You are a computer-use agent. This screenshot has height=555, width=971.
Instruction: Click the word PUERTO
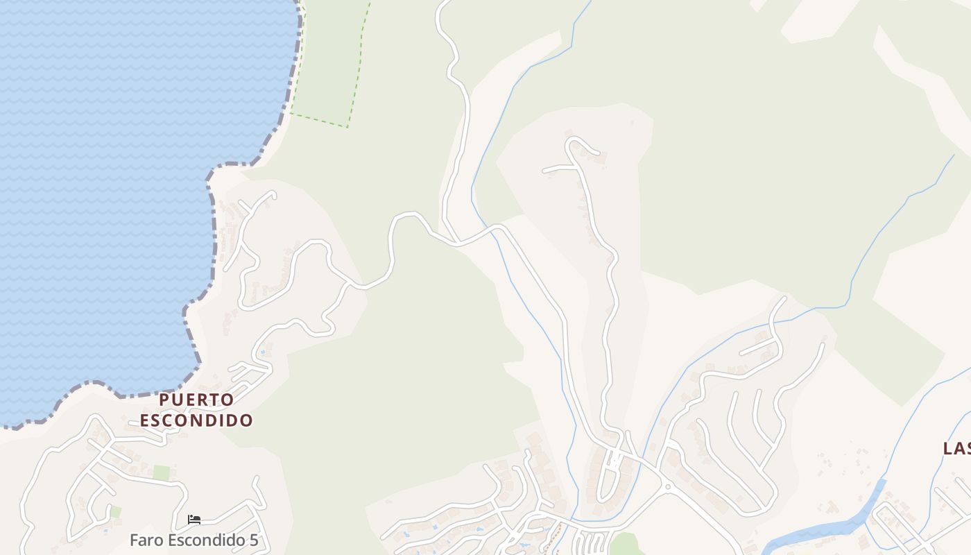[x=196, y=400]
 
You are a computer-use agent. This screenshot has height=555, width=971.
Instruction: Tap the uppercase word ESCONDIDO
[x=196, y=420]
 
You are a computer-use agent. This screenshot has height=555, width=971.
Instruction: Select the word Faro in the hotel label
[x=144, y=540]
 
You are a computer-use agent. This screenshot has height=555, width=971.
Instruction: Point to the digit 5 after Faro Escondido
[x=253, y=540]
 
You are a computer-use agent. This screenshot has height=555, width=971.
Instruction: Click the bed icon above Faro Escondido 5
[x=194, y=519]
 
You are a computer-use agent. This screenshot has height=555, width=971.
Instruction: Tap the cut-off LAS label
[x=957, y=448]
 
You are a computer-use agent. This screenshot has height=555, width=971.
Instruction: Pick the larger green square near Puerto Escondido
[x=162, y=473]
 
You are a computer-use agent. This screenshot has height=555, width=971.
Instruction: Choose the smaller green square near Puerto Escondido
[x=115, y=512]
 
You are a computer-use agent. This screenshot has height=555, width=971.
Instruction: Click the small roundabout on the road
[x=667, y=487]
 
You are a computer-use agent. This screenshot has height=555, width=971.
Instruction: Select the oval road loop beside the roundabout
[x=608, y=479]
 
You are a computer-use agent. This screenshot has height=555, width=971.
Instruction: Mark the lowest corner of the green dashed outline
[x=347, y=127]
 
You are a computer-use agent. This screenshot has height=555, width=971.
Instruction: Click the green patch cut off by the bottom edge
[x=624, y=545]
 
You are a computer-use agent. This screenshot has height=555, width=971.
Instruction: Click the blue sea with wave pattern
[x=104, y=173]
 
